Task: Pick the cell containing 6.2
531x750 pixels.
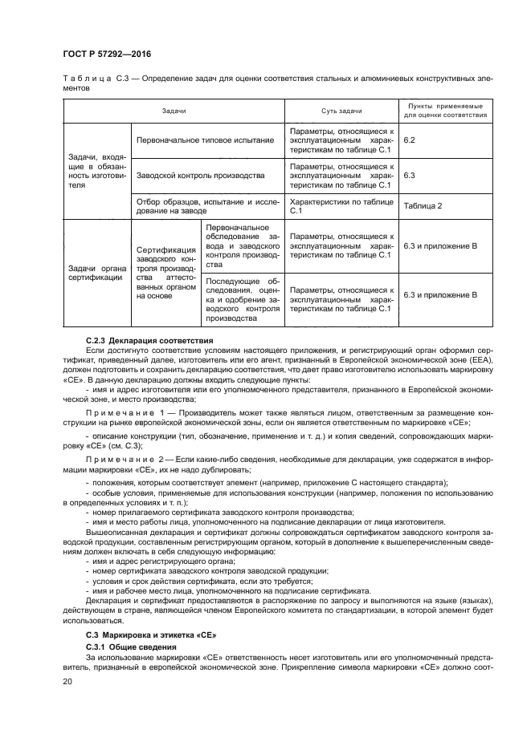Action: click(409, 140)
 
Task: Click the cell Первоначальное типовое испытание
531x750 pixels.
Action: click(205, 140)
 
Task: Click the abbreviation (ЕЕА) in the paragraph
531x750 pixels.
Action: click(480, 361)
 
